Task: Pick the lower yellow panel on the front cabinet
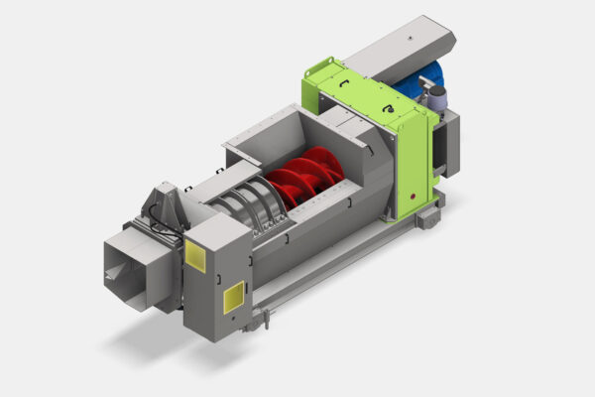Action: (234, 297)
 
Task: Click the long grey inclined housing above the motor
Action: (402, 45)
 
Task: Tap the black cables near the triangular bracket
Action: (175, 232)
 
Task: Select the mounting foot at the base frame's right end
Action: (428, 215)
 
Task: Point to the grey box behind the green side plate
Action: (449, 144)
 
